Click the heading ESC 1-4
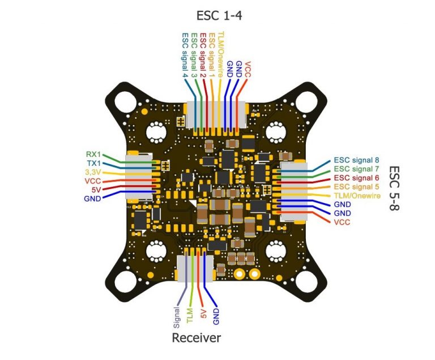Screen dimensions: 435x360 pos(219,15)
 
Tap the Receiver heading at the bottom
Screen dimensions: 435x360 pos(197,338)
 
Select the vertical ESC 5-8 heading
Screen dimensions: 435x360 pos(394,188)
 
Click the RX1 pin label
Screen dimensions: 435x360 pos(93,155)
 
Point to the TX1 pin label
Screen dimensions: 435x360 pos(94,163)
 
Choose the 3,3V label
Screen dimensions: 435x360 pos(93,172)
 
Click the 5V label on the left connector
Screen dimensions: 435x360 pos(96,190)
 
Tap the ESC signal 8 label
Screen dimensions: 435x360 pos(356,160)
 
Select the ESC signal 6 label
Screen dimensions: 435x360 pos(356,178)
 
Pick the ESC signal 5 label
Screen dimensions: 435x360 pos(356,187)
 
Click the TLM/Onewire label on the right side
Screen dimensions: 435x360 pos(357,195)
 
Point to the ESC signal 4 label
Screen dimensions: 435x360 pos(185,55)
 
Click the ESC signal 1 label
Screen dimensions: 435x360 pos(212,55)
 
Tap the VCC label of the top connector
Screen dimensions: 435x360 pos(248,70)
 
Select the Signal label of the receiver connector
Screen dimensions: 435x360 pos(177,318)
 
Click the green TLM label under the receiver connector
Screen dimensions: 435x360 pos(190,315)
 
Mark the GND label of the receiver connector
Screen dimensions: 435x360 pos(216,316)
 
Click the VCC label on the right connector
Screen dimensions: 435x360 pos(342,222)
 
